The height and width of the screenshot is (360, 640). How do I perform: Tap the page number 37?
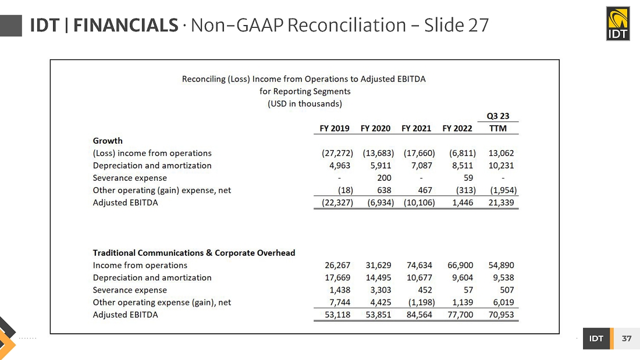(626, 338)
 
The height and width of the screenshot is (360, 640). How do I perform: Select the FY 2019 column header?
(335, 129)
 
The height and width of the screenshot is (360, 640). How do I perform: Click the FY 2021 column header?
(416, 129)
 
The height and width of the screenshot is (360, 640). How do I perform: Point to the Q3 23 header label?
(497, 116)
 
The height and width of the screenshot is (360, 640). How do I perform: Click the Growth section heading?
(108, 141)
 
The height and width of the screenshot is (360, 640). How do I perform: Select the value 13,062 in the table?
(501, 154)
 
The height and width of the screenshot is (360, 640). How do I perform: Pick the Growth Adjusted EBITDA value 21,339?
(501, 202)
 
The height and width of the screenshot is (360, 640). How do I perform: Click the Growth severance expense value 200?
(384, 178)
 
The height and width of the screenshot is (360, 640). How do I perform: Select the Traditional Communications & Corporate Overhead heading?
(194, 253)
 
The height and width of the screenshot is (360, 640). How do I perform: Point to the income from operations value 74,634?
(419, 265)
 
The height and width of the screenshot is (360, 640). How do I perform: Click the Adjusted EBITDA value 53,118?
(337, 315)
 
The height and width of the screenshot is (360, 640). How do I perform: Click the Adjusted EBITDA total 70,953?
(501, 315)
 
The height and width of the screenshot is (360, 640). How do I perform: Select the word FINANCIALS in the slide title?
(126, 26)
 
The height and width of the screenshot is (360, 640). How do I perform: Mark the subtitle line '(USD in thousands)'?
(304, 104)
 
